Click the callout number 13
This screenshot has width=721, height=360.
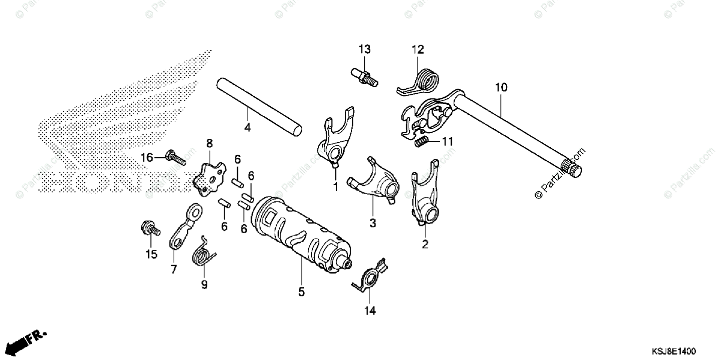(365, 49)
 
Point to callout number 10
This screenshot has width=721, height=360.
(501, 88)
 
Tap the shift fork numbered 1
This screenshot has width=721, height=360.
(333, 141)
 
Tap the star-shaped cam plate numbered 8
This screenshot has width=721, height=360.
(208, 175)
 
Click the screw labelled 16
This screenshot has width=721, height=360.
(174, 157)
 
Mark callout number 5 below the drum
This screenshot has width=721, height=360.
(301, 292)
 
